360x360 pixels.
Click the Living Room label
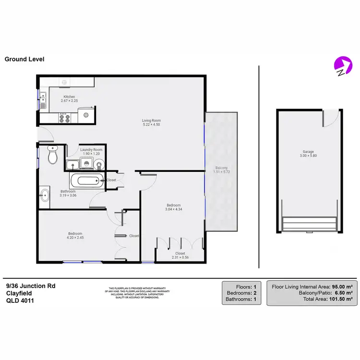tap(151, 120)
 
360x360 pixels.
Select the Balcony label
tap(221, 168)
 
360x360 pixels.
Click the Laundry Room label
tap(91, 150)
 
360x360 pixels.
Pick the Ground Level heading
tap(24, 60)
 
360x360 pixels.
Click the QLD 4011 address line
tap(20, 301)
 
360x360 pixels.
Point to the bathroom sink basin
tap(45, 195)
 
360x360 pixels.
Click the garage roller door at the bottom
tap(310, 224)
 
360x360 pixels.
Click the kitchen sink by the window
tap(43, 101)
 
